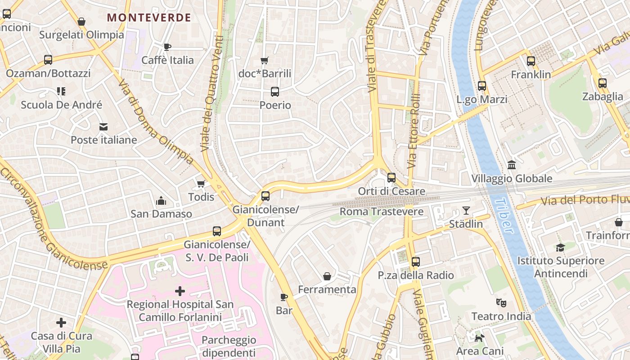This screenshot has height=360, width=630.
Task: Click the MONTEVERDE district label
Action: tap(149, 18)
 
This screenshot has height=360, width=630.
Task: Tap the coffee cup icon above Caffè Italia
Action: tap(167, 47)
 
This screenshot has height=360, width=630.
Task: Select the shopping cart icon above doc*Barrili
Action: tap(265, 60)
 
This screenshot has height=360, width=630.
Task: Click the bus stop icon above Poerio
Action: tap(275, 92)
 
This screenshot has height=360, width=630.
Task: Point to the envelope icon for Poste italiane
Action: tap(103, 126)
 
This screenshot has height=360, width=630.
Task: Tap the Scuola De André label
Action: tap(62, 105)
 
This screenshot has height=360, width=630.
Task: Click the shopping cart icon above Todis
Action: tap(201, 184)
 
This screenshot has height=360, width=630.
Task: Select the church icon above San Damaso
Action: tap(161, 201)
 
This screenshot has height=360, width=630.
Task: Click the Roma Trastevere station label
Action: tap(382, 211)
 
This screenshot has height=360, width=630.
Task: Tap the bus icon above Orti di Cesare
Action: tap(391, 178)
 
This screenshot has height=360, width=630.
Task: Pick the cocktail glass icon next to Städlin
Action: tap(466, 211)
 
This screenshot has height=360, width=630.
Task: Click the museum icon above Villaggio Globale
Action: tap(512, 165)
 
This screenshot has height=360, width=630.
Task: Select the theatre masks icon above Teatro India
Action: tap(501, 303)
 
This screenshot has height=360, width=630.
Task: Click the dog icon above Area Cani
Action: tap(480, 337)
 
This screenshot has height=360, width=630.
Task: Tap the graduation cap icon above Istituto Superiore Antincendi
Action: tap(560, 247)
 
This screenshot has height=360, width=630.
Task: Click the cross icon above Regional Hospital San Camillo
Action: tap(180, 291)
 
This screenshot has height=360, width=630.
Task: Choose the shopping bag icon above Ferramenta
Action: tap(327, 276)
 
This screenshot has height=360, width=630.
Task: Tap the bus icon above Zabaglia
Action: tap(603, 83)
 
